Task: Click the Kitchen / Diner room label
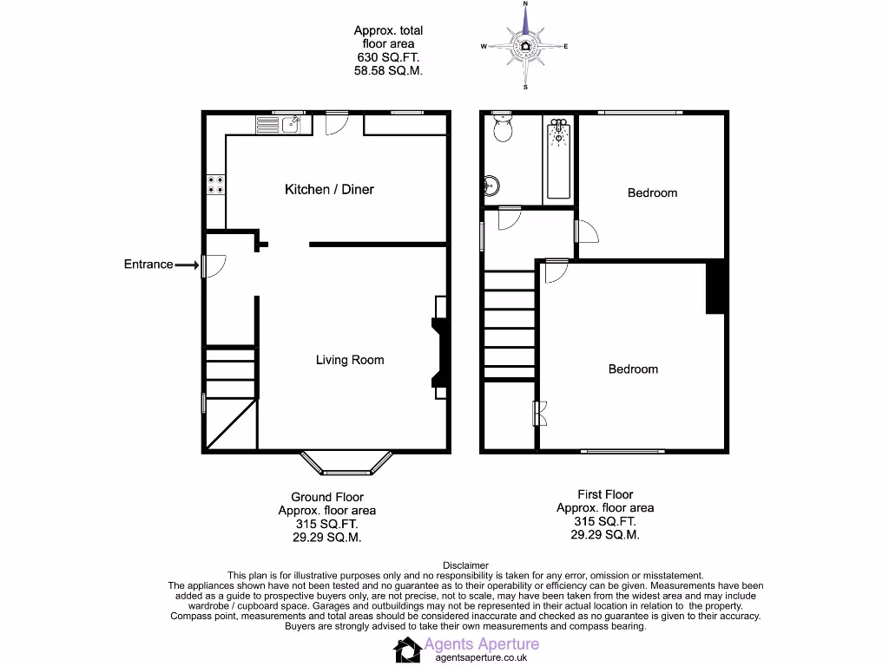point(329,189)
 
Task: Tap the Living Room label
point(349,360)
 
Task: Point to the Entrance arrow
point(187,264)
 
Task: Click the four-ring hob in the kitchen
point(215,185)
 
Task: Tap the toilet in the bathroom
point(502,129)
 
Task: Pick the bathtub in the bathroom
point(558,160)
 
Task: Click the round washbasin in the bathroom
point(491,185)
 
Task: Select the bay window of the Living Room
point(346,465)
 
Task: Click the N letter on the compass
point(525,5)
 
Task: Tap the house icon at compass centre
point(525,46)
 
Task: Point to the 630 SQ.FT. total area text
point(389,57)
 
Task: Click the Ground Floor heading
point(326,497)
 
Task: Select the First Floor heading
point(605,494)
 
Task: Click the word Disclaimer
point(465,565)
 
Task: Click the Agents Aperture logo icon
point(406,649)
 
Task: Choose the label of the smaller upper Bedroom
point(652,193)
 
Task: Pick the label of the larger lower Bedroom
point(633,369)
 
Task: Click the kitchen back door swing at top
point(333,126)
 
